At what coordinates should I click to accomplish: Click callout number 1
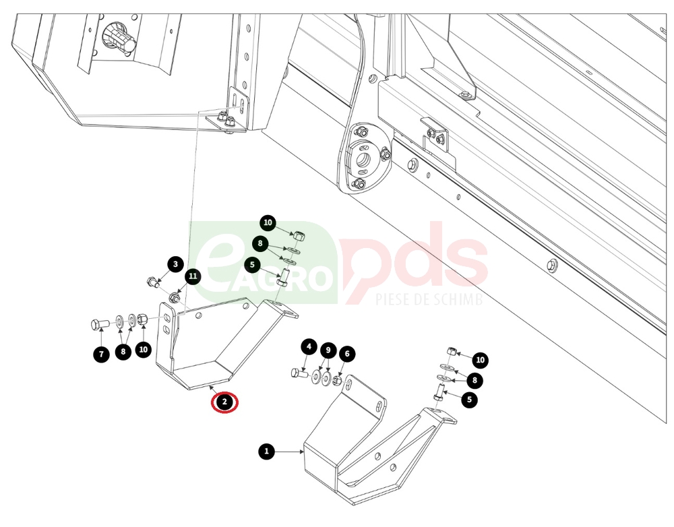tap(266, 452)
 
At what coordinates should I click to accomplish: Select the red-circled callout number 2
tap(224, 403)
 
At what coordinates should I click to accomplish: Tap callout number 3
tap(175, 264)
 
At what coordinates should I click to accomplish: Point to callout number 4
tap(309, 346)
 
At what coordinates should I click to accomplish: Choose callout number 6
tap(347, 354)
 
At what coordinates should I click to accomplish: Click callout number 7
tap(102, 354)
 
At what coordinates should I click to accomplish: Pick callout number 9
tap(328, 350)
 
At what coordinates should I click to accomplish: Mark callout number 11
tap(193, 276)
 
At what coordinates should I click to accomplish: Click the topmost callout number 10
tap(268, 222)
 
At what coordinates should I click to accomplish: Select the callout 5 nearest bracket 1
tap(469, 400)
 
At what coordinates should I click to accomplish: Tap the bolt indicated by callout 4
tap(299, 373)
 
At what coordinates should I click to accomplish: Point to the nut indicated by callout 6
tap(338, 381)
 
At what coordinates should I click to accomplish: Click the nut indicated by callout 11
tap(175, 297)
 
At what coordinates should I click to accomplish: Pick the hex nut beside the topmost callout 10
tap(299, 236)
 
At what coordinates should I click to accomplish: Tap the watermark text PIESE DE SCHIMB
tap(429, 299)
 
